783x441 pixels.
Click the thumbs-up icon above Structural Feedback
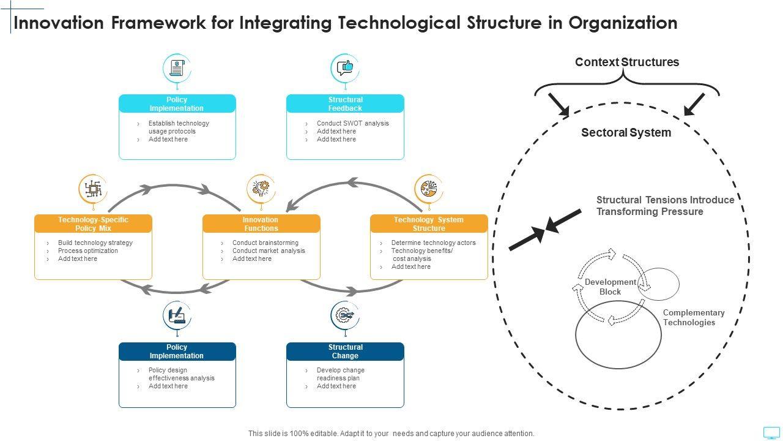pos(345,68)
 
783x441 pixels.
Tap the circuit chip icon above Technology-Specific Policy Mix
pos(94,189)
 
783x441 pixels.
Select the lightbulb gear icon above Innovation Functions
pos(261,189)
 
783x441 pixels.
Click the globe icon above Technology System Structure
pos(429,189)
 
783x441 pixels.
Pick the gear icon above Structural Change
pos(345,315)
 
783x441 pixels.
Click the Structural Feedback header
pos(346,104)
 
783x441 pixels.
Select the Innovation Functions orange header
pos(261,224)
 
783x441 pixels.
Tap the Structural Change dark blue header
pos(346,352)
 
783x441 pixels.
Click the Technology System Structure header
pos(429,224)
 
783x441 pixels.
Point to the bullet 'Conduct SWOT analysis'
pos(353,123)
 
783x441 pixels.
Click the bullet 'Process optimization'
pos(87,251)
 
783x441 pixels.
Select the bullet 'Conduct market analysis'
pos(269,251)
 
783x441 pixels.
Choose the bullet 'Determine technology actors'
pos(434,243)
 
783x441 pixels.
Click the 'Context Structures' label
pos(627,62)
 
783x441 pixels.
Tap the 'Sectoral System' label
pos(626,133)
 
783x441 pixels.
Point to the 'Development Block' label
pos(610,287)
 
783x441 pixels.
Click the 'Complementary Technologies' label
pos(694,317)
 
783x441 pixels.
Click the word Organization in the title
pos(623,23)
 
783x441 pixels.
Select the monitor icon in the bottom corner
pos(771,433)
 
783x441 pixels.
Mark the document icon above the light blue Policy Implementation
pos(177,68)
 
